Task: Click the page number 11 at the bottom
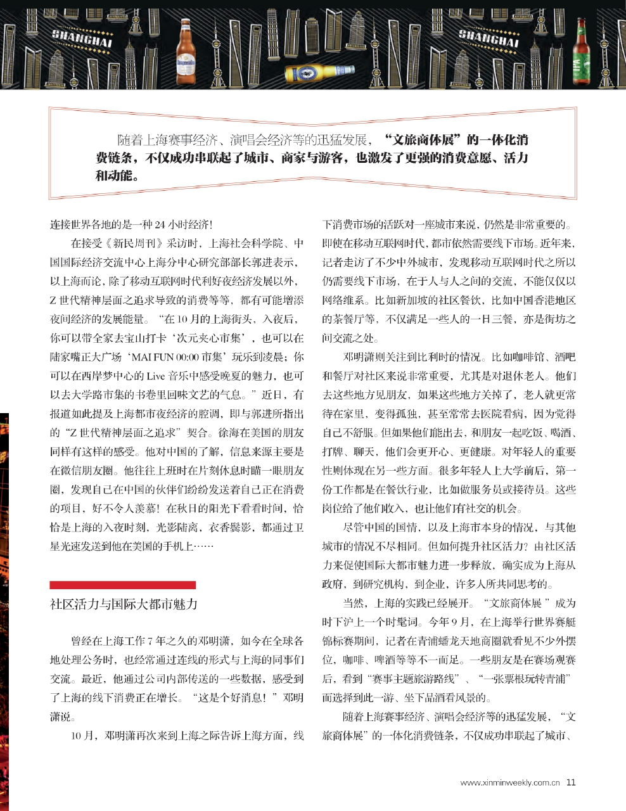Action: (x=571, y=782)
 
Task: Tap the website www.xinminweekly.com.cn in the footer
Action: (x=510, y=782)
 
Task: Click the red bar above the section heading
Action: (x=123, y=584)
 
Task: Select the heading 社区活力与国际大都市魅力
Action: (x=124, y=604)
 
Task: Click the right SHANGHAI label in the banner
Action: (x=488, y=39)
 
